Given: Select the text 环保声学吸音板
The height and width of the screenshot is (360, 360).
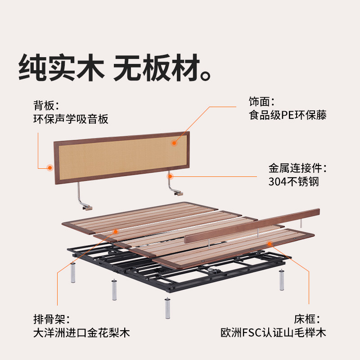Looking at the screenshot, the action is (x=71, y=119).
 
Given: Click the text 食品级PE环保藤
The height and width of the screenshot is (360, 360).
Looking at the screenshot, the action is (x=288, y=115).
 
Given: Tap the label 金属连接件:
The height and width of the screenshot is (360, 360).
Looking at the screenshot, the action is (x=297, y=169).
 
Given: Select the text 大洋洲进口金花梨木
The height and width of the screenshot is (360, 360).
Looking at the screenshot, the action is (x=81, y=333).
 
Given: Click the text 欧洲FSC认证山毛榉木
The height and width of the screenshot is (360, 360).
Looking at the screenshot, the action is (x=273, y=333).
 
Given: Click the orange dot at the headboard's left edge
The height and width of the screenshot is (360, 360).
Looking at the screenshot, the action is (x=49, y=168).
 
